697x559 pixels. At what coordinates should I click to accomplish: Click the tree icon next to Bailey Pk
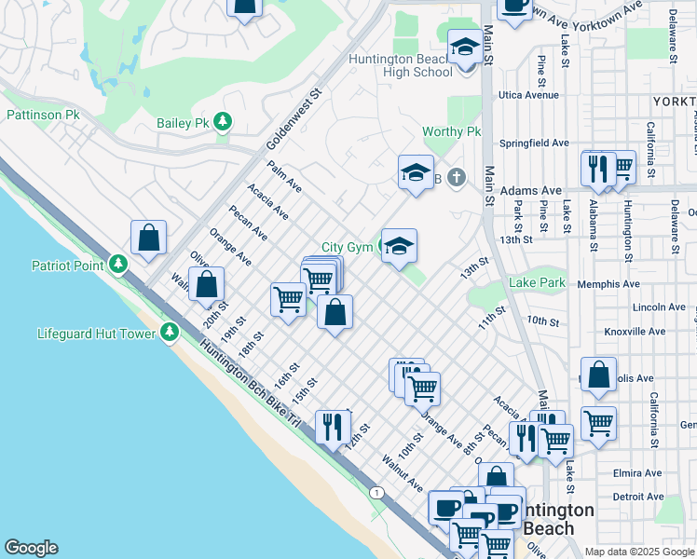pyautogui.click(x=223, y=122)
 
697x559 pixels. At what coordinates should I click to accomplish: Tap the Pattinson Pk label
pyautogui.click(x=44, y=116)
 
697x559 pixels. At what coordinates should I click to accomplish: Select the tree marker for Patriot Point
pyautogui.click(x=117, y=265)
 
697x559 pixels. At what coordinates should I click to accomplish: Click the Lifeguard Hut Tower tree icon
pyautogui.click(x=169, y=332)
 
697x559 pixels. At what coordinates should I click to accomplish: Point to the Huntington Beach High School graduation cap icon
pyautogui.click(x=463, y=48)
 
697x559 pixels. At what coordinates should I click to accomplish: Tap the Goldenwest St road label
pyautogui.click(x=292, y=119)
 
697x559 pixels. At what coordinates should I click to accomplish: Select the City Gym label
pyautogui.click(x=347, y=247)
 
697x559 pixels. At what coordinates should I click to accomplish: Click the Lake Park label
pyautogui.click(x=537, y=282)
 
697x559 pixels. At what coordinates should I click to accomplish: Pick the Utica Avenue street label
pyautogui.click(x=528, y=95)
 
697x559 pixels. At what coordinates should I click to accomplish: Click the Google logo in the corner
pyautogui.click(x=31, y=548)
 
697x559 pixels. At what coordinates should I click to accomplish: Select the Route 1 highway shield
pyautogui.click(x=376, y=492)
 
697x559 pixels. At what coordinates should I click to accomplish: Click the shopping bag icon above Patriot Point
pyautogui.click(x=148, y=238)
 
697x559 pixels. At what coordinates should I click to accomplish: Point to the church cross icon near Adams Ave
pyautogui.click(x=456, y=176)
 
